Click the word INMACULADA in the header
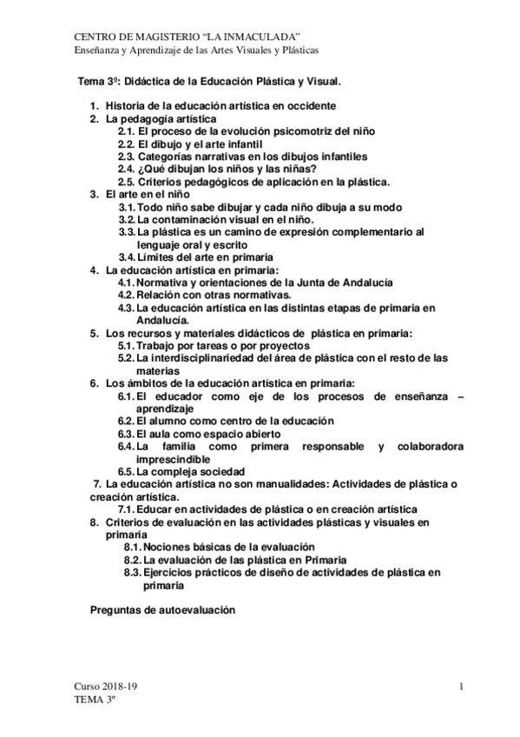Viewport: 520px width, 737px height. pyautogui.click(x=262, y=35)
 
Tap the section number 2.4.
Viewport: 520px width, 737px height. pyautogui.click(x=126, y=169)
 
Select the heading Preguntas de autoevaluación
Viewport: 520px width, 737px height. pyautogui.click(x=163, y=610)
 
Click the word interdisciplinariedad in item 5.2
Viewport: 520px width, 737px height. pyautogui.click(x=219, y=357)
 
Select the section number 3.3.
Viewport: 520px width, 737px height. pyautogui.click(x=126, y=232)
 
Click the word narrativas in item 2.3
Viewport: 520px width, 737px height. pyautogui.click(x=225, y=156)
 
